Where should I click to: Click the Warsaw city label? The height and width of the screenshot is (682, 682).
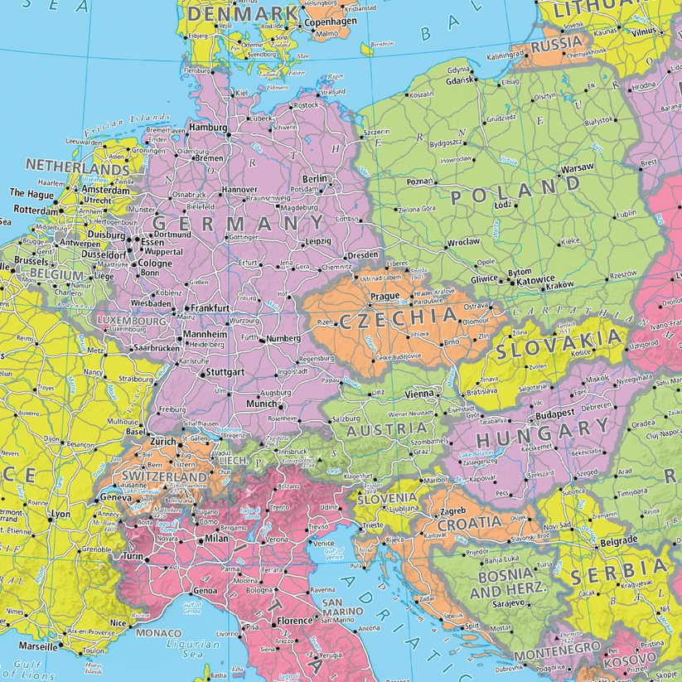(x=578, y=168)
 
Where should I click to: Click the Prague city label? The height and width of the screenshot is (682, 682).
(x=385, y=296)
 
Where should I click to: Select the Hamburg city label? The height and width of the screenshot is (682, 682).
(x=208, y=128)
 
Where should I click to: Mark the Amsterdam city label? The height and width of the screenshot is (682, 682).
(x=105, y=190)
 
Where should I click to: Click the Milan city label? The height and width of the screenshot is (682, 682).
(x=215, y=539)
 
